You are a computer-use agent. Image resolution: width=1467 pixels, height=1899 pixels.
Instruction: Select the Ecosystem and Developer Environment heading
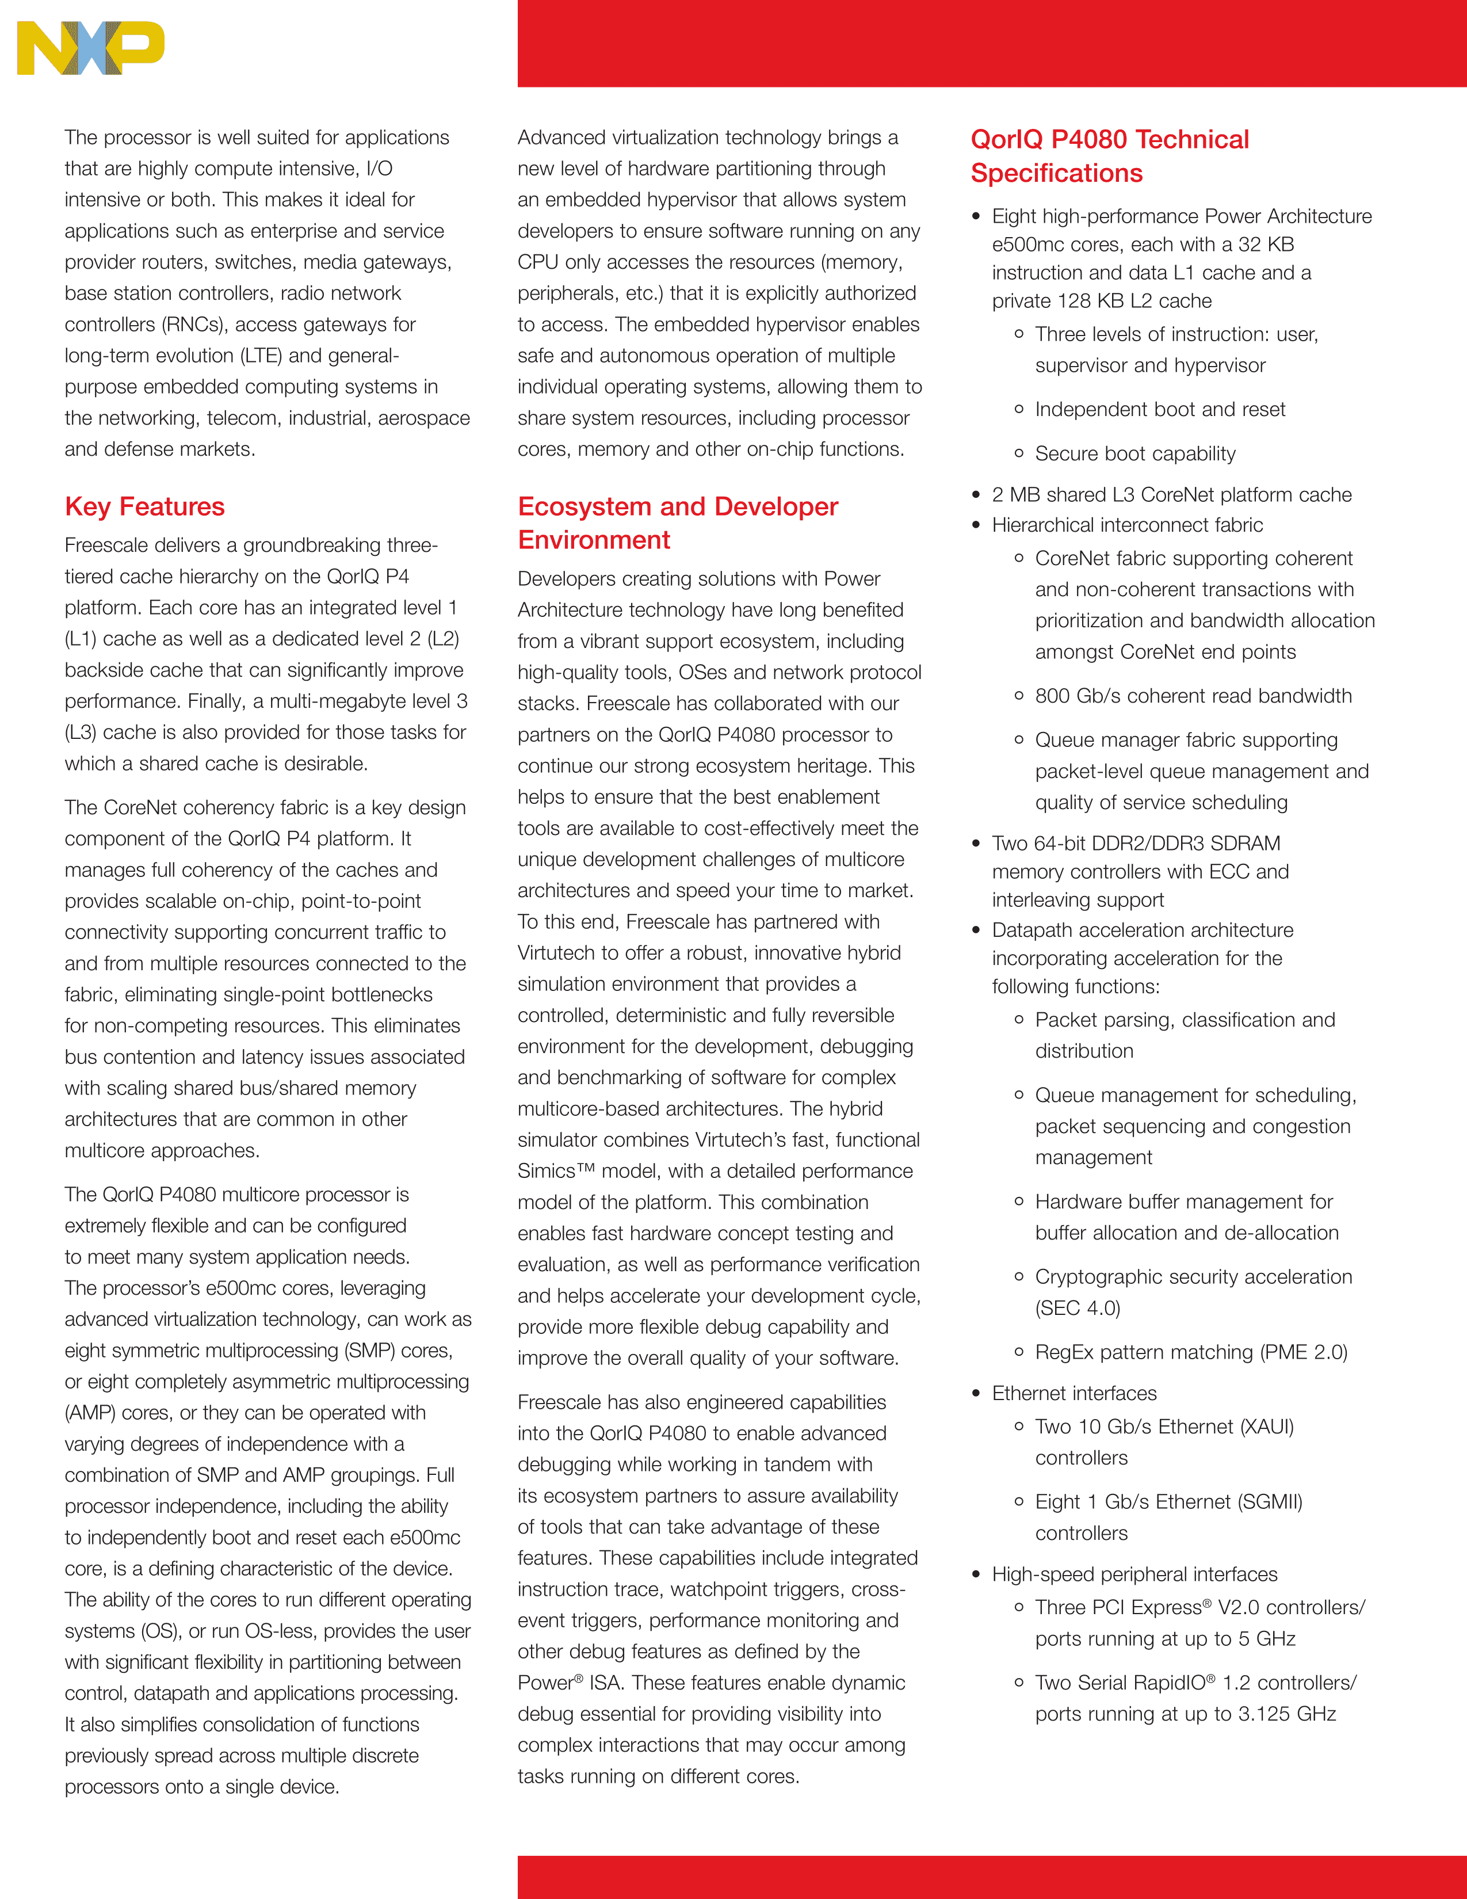(x=677, y=523)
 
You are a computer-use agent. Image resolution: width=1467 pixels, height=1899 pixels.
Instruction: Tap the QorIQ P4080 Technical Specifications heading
(x=1109, y=155)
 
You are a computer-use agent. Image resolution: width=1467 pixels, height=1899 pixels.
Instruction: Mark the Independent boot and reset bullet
(x=1159, y=410)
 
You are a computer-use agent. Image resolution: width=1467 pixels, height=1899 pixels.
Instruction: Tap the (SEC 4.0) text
(x=1078, y=1309)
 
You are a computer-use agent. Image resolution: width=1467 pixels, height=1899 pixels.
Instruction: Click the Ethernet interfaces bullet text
(x=1074, y=1394)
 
